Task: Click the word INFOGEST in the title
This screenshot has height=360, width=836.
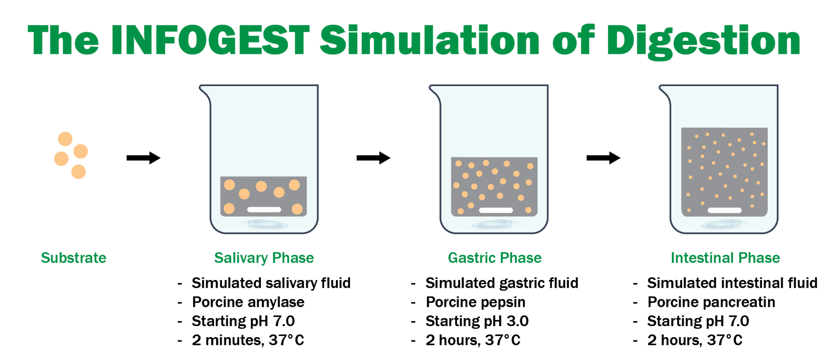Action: coord(210,40)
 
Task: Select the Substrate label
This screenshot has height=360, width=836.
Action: coord(73,258)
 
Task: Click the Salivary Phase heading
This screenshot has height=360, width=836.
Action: coord(264,258)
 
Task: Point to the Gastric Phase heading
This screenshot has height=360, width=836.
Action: coord(495,258)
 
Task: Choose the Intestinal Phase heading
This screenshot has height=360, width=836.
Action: coord(725,258)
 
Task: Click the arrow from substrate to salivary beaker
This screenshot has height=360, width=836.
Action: coord(144,158)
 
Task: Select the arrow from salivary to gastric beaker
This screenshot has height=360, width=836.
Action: coord(374,158)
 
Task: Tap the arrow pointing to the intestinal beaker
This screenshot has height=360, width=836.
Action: coord(603,158)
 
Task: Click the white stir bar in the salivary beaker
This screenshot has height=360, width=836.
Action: coord(264,210)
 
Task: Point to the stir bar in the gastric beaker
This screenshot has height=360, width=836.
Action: coord(496,210)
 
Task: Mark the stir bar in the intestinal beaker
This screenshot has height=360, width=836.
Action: coord(725,210)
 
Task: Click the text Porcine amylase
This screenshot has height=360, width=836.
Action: coord(248,302)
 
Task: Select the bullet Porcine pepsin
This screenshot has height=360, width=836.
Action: coord(476,302)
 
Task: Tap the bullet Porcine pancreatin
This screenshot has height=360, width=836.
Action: coord(711,302)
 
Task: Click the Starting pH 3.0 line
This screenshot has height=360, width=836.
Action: coord(477,321)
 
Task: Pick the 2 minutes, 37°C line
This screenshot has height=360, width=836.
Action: coord(248,340)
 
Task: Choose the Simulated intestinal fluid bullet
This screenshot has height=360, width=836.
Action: coord(732,283)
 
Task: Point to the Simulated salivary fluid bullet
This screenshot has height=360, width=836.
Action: coord(271,283)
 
